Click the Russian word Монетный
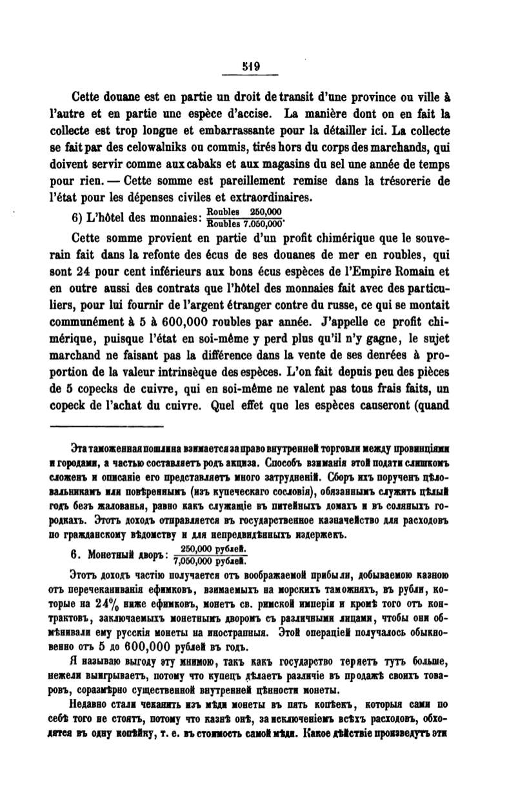pos(111,553)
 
